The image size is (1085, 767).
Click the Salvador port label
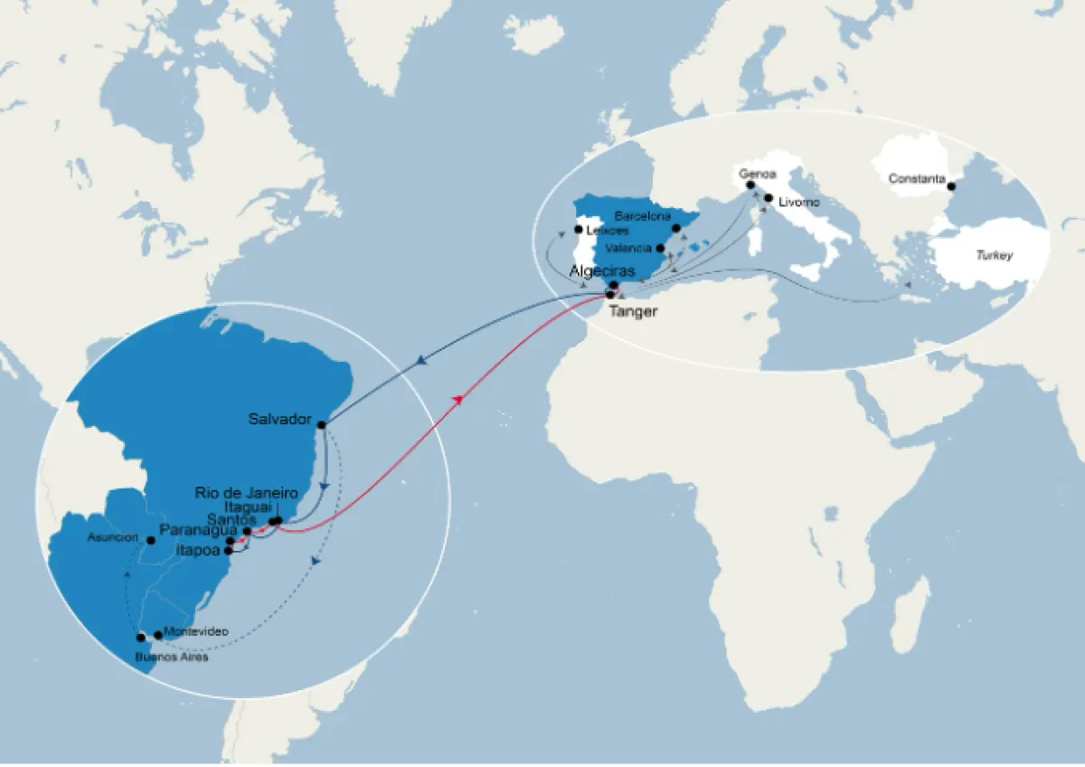[x=280, y=420]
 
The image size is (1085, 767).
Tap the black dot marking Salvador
[x=321, y=424]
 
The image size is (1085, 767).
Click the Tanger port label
[x=633, y=312]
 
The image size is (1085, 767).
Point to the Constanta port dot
[x=951, y=187]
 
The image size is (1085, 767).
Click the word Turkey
[x=994, y=256]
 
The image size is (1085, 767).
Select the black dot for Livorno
[x=769, y=197]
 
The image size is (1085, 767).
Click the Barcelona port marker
[x=676, y=228]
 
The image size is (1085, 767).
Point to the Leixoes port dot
[x=578, y=229]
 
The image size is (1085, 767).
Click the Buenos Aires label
[x=172, y=657]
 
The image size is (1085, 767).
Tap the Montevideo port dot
[x=158, y=635]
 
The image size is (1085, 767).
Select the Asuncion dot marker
[x=151, y=540]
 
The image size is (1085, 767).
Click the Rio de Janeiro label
[x=246, y=493]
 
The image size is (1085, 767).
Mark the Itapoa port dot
[x=229, y=550]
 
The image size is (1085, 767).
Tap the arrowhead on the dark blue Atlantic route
[x=422, y=363]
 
